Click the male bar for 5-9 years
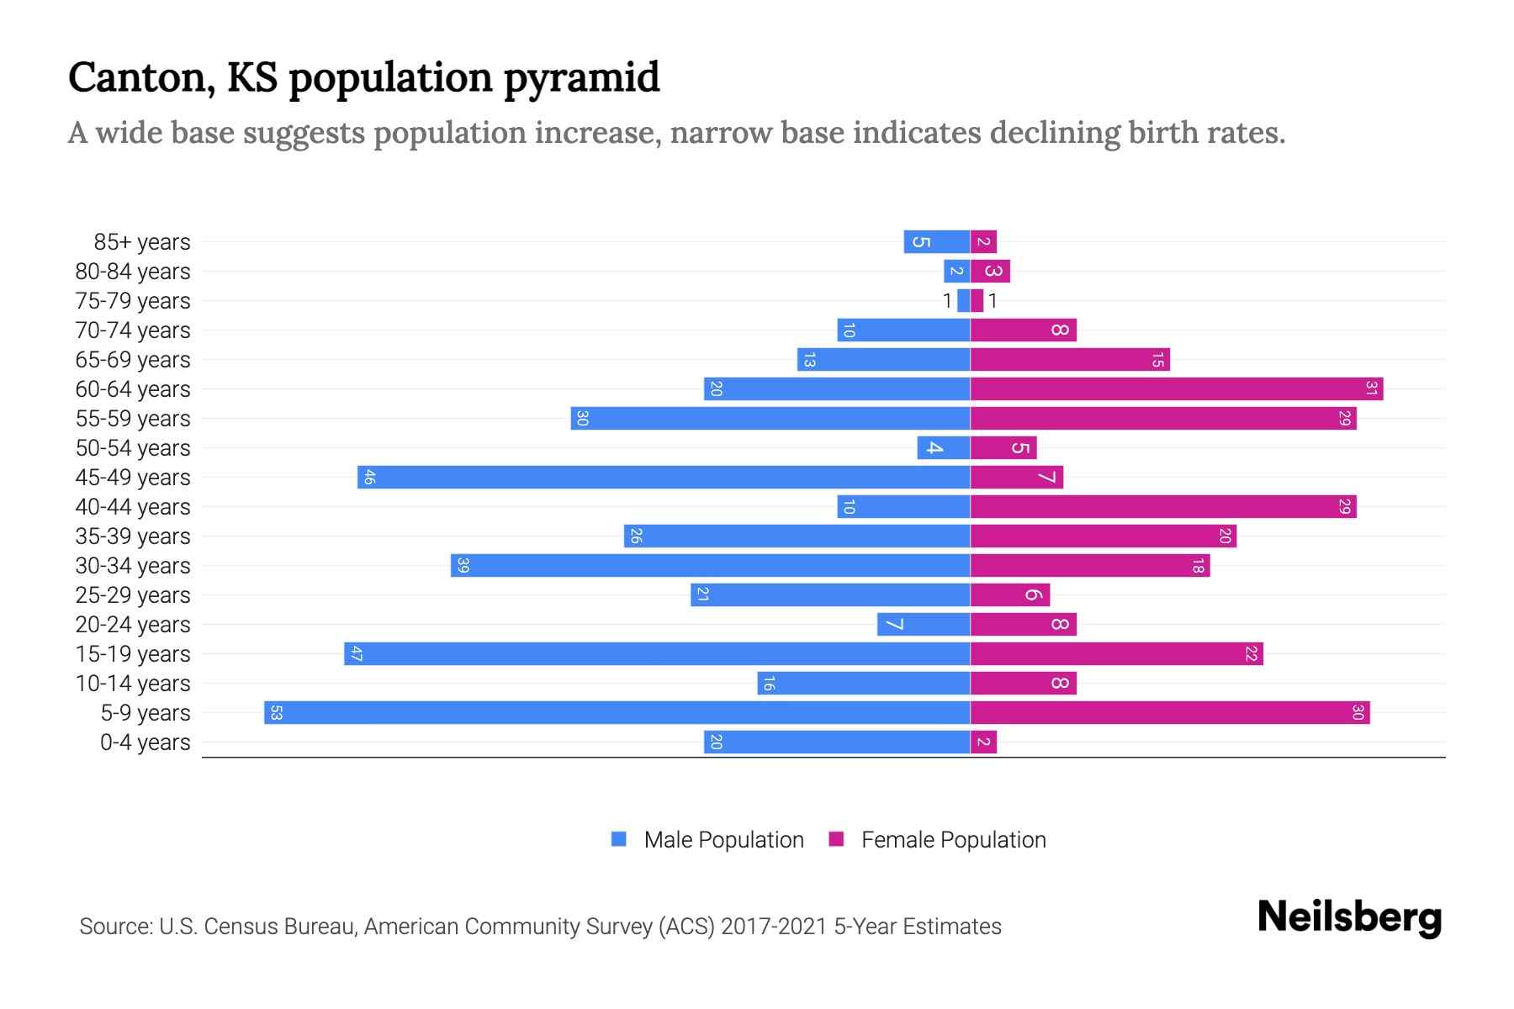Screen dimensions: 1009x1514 click(x=617, y=712)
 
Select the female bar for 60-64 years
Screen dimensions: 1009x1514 click(x=1176, y=388)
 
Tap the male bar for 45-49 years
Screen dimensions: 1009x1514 click(x=664, y=477)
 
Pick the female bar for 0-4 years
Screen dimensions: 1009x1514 click(x=983, y=742)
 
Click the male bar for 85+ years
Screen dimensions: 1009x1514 click(x=937, y=241)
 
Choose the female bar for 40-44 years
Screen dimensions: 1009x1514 click(x=1162, y=506)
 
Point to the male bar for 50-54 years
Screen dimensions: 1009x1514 click(x=944, y=447)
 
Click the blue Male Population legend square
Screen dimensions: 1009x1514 click(x=619, y=839)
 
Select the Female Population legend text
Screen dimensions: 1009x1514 click(x=953, y=839)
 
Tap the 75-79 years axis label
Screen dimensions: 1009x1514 click(x=133, y=300)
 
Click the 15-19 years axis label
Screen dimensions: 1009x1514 click(x=133, y=653)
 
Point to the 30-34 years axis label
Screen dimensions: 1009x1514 click(x=133, y=565)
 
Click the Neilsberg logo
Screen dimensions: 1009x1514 click(x=1349, y=917)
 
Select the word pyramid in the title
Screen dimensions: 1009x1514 click(x=582, y=77)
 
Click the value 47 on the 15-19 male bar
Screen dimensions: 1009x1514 click(x=356, y=653)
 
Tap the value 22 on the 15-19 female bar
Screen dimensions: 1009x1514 click(x=1251, y=653)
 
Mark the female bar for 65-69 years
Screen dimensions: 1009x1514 click(x=1070, y=359)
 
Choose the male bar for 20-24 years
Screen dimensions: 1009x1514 click(x=924, y=624)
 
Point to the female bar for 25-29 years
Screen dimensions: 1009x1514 click(x=1010, y=594)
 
